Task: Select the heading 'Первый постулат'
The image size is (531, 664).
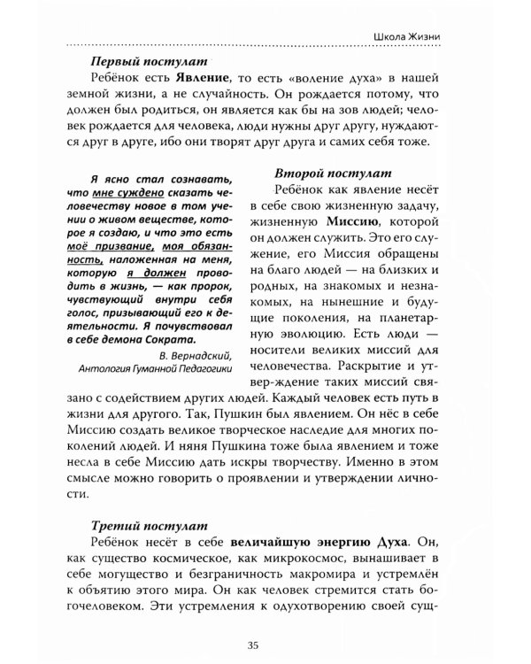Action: [149, 62]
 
